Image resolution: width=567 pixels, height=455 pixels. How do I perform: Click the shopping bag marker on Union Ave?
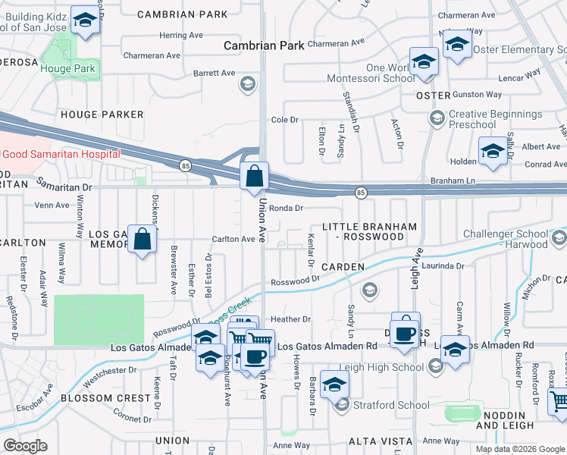pos(255,176)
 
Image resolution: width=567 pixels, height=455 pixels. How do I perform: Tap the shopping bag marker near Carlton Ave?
pos(142,240)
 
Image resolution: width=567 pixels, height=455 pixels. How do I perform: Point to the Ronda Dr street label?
pos(286,208)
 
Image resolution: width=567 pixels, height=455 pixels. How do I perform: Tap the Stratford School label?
pos(391,405)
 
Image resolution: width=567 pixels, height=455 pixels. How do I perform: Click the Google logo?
pos(25,446)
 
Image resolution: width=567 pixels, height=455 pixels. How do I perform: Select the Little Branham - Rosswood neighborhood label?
pos(369,231)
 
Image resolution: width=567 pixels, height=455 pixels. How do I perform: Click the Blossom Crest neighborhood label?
pos(105,398)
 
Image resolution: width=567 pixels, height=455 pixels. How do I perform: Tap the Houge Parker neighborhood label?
pos(102,115)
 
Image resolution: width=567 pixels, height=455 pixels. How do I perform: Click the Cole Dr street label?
pos(285,120)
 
